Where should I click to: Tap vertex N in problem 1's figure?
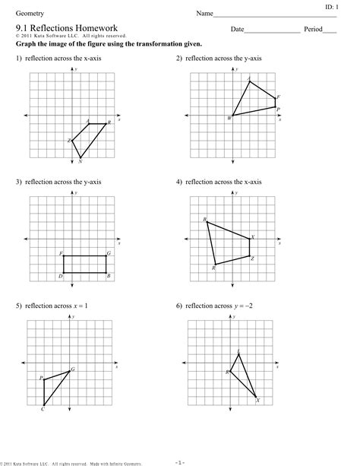[81, 158]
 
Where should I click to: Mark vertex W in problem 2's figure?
[232, 116]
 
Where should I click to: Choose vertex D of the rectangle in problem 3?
[63, 273]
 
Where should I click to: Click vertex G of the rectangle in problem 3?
[106, 256]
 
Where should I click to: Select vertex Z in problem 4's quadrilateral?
[249, 256]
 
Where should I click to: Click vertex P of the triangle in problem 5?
[44, 379]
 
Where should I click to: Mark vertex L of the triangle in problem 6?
[238, 354]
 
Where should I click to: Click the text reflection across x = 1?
[56, 306]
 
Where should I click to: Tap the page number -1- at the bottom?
[179, 461]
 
